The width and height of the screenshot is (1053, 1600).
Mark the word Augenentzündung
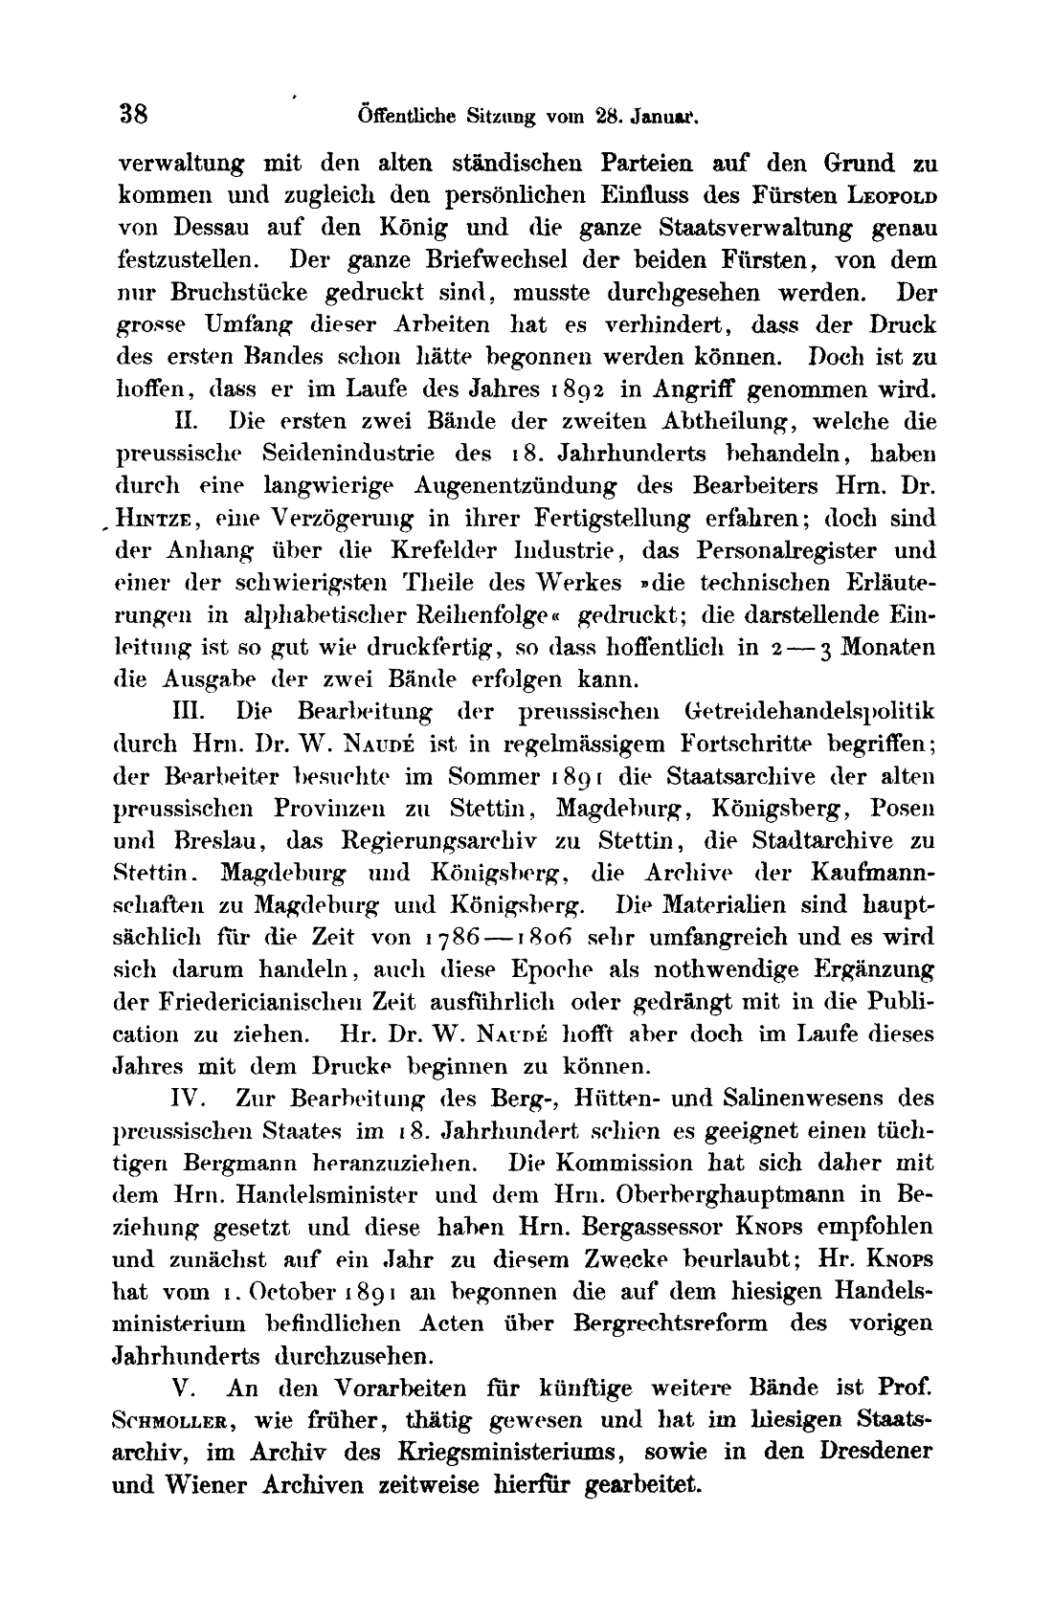pos(516,486)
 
